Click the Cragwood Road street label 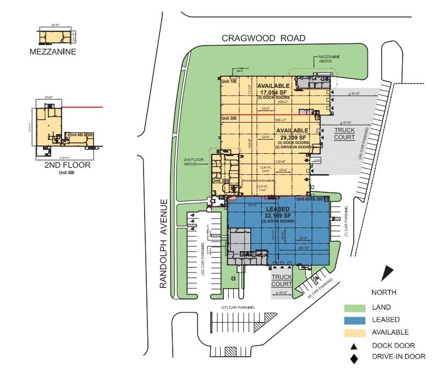point(263,38)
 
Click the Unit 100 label point(229,81)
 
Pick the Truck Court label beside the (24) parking point(344,134)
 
